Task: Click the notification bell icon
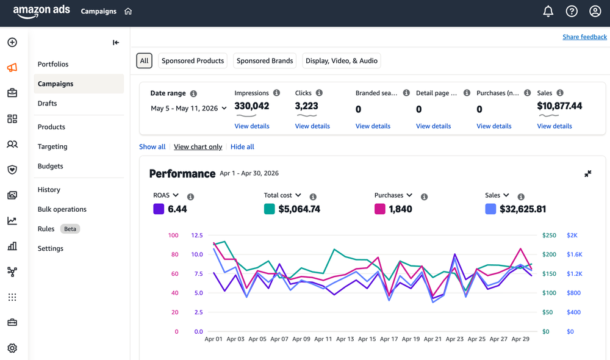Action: point(548,11)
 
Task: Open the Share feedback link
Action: point(584,37)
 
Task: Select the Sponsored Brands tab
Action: point(265,61)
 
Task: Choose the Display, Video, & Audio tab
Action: point(341,61)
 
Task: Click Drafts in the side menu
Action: point(47,103)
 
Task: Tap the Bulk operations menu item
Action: point(62,209)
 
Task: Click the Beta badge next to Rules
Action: point(70,229)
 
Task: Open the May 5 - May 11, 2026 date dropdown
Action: point(188,108)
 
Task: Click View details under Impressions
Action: point(252,126)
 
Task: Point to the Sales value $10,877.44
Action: point(559,106)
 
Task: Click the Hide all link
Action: point(242,146)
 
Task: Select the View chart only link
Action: point(198,146)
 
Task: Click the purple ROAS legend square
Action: point(159,209)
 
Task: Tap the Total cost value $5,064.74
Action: point(299,209)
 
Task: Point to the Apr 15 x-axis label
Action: point(367,339)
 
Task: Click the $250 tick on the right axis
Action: point(549,235)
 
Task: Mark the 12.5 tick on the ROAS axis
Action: point(197,235)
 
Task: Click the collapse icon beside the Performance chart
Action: point(588,173)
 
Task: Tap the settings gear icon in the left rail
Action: point(12,348)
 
